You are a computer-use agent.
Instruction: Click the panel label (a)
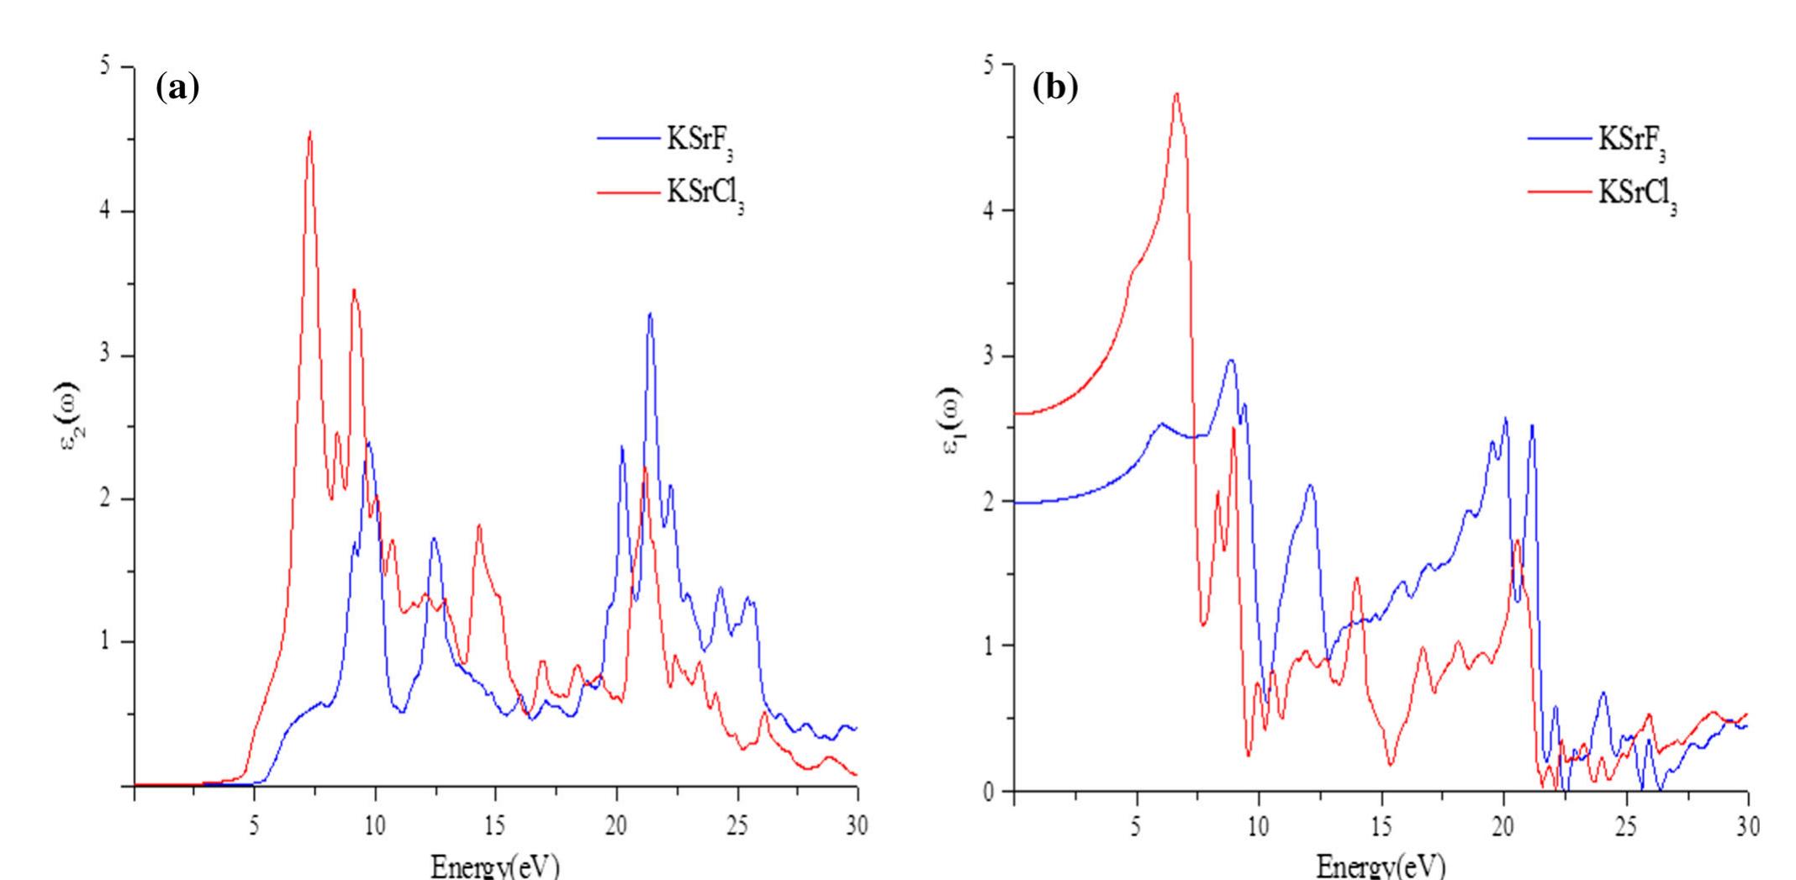coord(177,88)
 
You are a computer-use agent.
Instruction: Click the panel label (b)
coord(1054,88)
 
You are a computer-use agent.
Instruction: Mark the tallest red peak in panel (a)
coord(310,133)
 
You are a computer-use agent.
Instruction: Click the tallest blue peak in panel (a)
coord(650,314)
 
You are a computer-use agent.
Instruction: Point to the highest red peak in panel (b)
coord(1176,94)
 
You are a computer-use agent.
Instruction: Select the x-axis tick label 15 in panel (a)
coord(495,827)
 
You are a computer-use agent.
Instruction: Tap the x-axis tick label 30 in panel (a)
coord(857,827)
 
